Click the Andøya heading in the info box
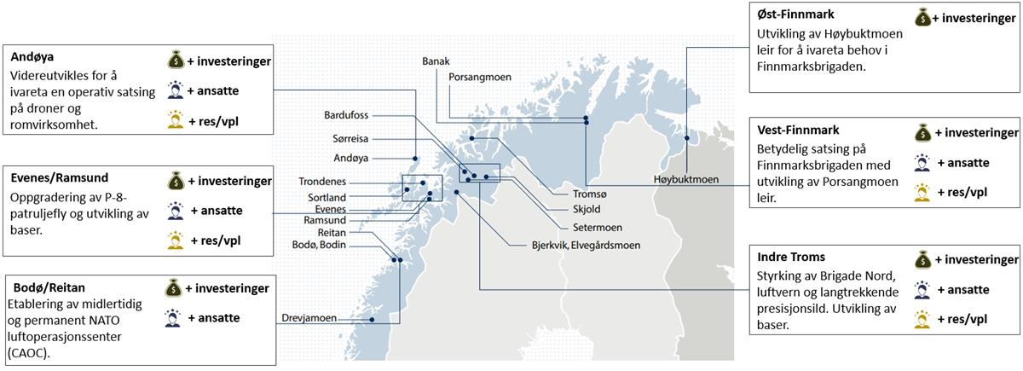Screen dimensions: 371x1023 coord(32,57)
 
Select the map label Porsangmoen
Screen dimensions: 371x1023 coord(480,77)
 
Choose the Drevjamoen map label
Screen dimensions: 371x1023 coord(308,319)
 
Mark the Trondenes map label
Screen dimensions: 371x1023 coord(324,182)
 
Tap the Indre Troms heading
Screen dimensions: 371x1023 coord(791,257)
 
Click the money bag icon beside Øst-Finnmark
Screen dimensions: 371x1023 coord(922,16)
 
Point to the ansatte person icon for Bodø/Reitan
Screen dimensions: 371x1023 coord(171,318)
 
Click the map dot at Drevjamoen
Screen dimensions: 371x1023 coord(373,320)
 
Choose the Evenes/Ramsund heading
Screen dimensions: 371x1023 coord(59,177)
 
